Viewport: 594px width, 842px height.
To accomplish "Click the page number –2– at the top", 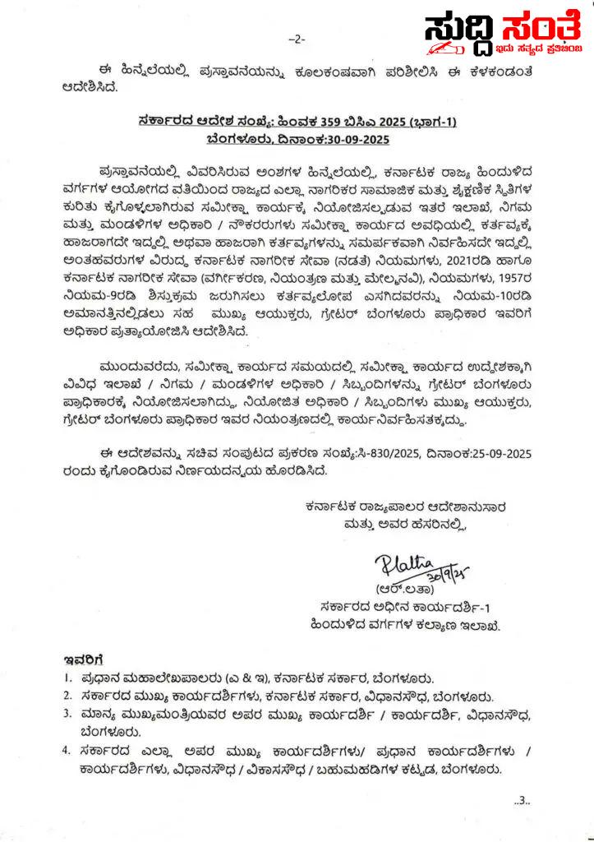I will [297, 39].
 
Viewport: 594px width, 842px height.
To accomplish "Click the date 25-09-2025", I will [493, 451].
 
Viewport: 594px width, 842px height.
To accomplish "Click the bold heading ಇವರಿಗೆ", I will [82, 659].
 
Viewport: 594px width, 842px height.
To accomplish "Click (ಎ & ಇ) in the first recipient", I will [245, 679].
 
